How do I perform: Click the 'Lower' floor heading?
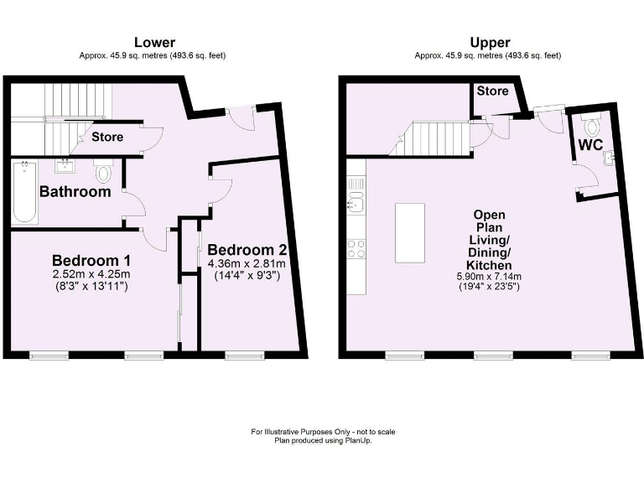[x=155, y=42]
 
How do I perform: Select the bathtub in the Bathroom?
[x=24, y=194]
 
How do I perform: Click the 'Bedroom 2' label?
[x=247, y=250]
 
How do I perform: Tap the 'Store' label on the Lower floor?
[x=107, y=137]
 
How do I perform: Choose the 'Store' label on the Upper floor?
[x=493, y=91]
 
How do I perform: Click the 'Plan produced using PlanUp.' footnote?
[x=322, y=441]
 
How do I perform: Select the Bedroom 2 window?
[x=243, y=356]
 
